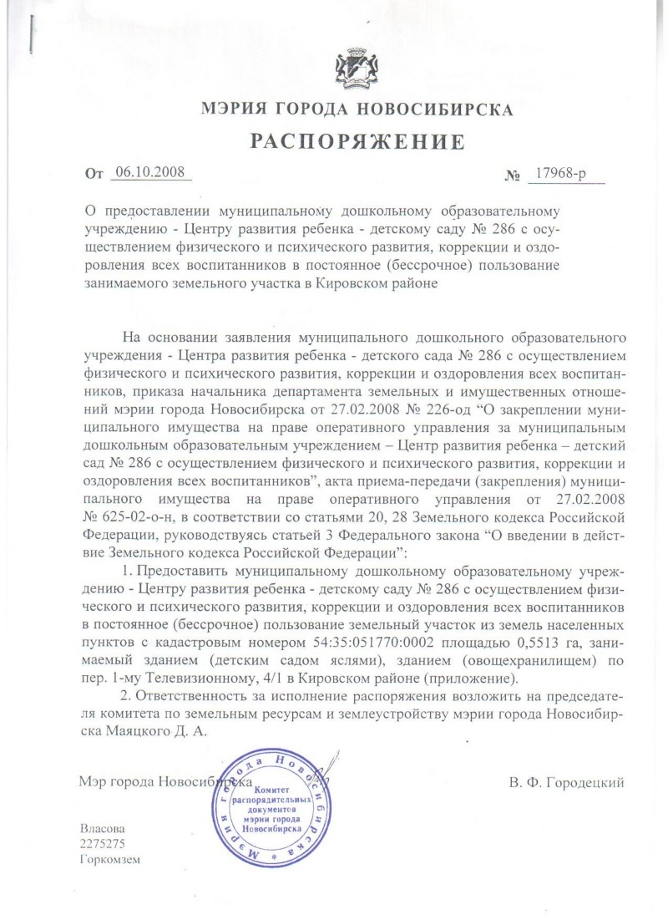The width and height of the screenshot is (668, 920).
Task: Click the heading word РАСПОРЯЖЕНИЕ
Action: pos(358,142)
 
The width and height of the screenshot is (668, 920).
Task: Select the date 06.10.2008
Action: pos(150,174)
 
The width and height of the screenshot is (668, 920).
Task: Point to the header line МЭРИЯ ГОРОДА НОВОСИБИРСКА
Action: pos(357,109)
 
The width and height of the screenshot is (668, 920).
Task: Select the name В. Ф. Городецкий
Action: pos(566,783)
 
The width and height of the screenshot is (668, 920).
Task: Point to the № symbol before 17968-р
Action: pos(512,176)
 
